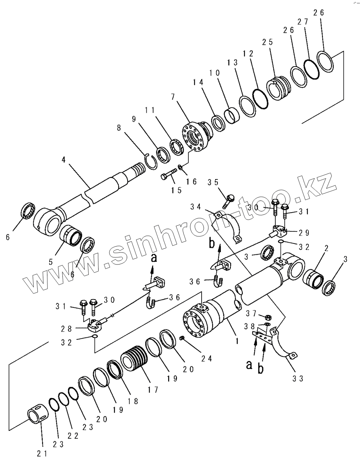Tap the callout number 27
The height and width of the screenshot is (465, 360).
click(303, 21)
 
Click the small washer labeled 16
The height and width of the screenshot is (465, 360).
click(181, 167)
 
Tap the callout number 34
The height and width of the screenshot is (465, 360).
click(196, 207)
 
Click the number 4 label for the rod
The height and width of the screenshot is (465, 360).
click(64, 160)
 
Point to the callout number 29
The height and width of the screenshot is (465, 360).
click(304, 232)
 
